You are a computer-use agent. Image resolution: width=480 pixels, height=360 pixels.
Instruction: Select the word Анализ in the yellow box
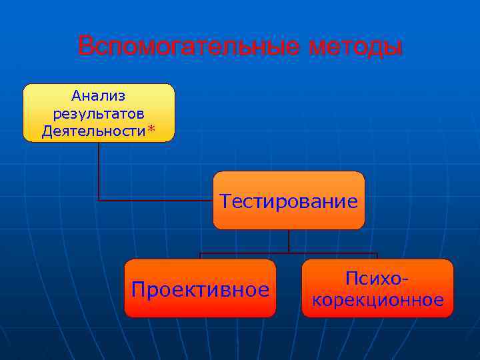point(99,97)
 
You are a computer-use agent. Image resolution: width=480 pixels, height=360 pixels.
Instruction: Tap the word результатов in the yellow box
point(99,113)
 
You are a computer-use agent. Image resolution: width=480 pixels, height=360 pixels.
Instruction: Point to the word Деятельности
point(93,131)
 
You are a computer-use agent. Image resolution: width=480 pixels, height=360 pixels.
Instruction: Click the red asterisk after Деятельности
point(151,129)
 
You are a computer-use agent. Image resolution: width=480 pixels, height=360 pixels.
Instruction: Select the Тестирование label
point(289,201)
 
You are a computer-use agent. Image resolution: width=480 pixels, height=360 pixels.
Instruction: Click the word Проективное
point(200,289)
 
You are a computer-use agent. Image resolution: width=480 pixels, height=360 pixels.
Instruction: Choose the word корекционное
point(377,300)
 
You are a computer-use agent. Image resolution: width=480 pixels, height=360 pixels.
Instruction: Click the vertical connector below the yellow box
point(99,170)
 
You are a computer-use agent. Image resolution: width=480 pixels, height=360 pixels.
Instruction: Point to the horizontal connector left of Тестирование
point(157,200)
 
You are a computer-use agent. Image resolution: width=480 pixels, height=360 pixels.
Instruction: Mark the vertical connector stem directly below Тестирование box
point(289,241)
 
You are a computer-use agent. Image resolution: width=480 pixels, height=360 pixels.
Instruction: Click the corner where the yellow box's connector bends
point(99,200)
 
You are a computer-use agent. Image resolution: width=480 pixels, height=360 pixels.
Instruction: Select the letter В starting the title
point(85,47)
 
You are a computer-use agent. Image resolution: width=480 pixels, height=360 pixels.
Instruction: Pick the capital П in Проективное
point(138,289)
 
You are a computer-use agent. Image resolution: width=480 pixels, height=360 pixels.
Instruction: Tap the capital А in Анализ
point(77,97)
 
